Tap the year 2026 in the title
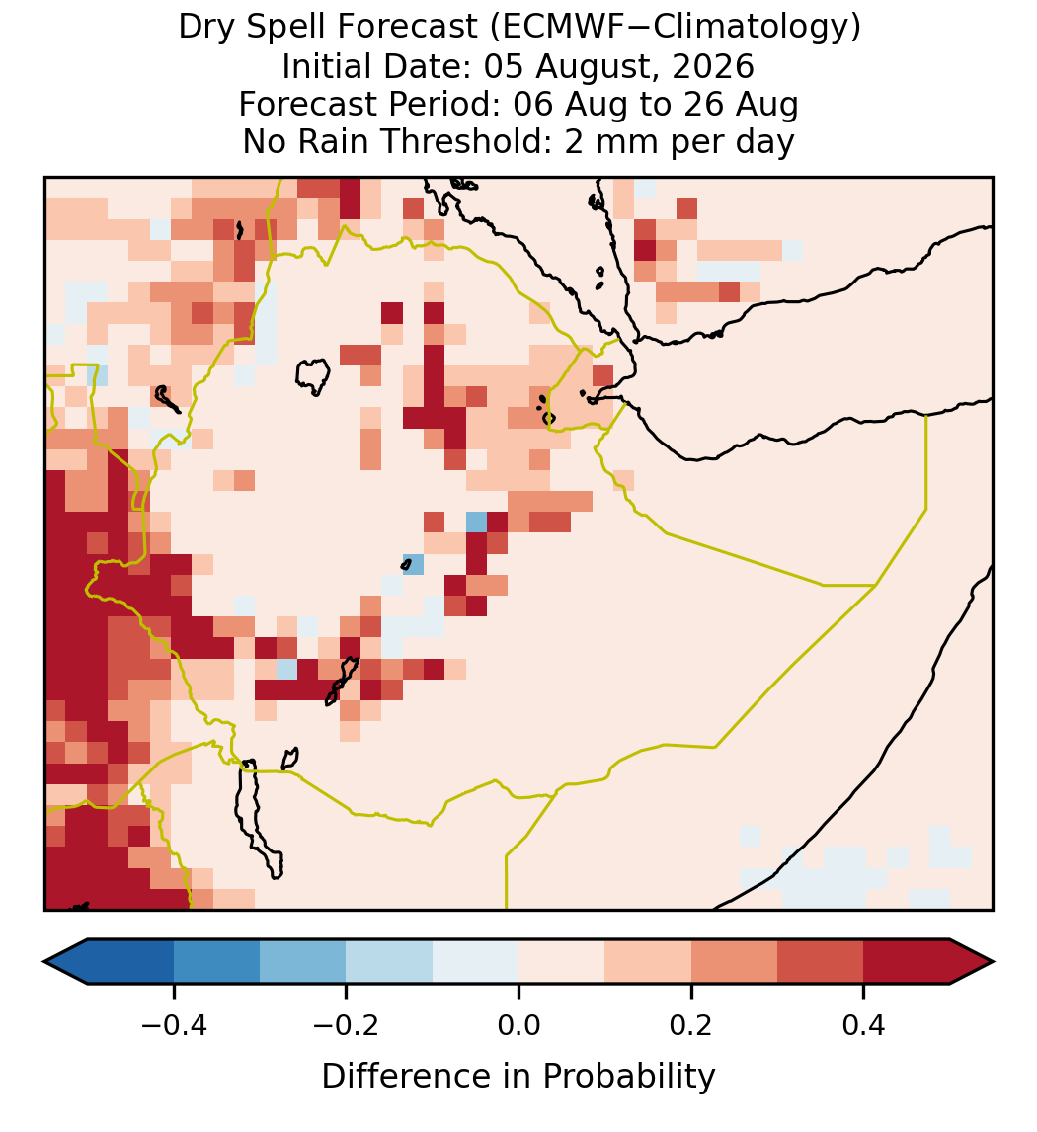click(x=713, y=66)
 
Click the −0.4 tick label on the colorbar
click(x=173, y=1025)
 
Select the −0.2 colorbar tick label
click(x=346, y=1025)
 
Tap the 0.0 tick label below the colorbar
click(x=518, y=1025)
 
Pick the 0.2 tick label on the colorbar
click(x=691, y=1025)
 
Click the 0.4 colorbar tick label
click(x=864, y=1025)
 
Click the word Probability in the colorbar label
click(x=629, y=1077)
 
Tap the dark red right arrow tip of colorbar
click(x=993, y=962)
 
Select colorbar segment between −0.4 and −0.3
click(x=216, y=962)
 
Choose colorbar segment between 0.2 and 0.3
click(x=734, y=962)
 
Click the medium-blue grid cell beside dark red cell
click(x=476, y=522)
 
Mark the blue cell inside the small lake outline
click(x=414, y=564)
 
